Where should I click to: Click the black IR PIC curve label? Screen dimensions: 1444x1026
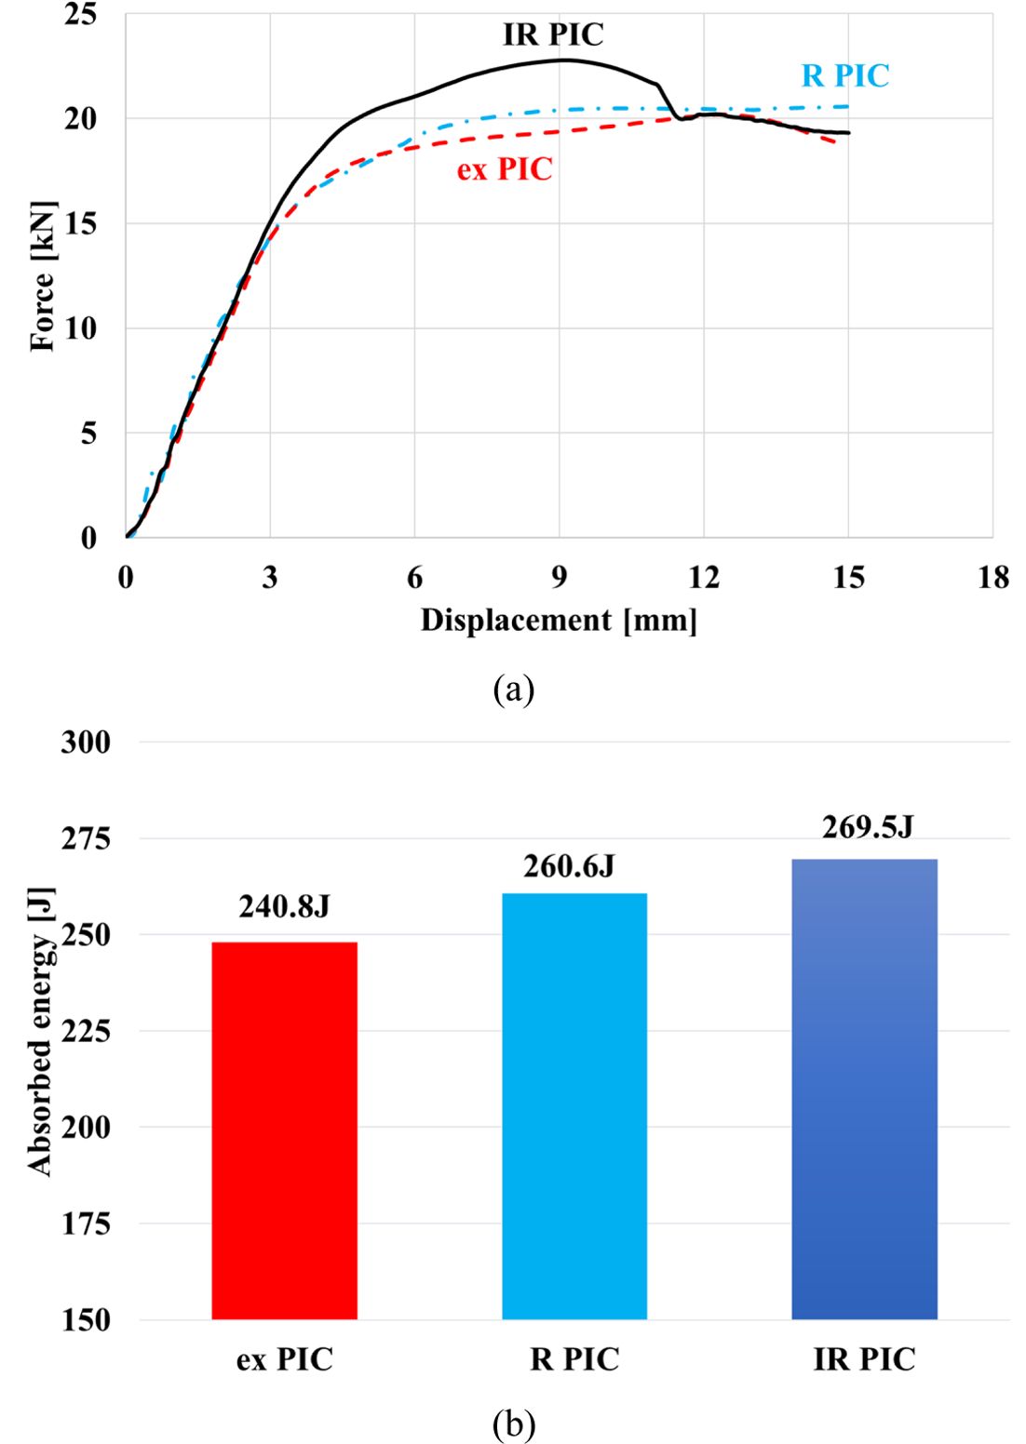click(553, 35)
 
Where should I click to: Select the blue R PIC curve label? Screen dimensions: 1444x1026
click(845, 76)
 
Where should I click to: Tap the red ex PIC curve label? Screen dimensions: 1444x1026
click(505, 169)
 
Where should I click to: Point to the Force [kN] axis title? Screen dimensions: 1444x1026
click(43, 276)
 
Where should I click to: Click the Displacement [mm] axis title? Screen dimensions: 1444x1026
click(559, 620)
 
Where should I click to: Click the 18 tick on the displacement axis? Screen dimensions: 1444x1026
click(993, 579)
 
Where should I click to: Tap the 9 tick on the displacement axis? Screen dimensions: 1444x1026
click(559, 579)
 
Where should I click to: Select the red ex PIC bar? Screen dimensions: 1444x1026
click(284, 1130)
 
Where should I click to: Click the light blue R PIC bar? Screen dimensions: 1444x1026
click(574, 1106)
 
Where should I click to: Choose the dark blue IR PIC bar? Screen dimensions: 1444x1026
click(864, 1089)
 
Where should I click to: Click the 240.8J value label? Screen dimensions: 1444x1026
click(284, 906)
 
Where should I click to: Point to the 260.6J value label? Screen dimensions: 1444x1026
click(569, 866)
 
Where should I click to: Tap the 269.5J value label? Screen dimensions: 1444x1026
click(868, 827)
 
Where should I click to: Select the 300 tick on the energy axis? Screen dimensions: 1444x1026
click(86, 742)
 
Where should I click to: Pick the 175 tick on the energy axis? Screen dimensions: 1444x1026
click(86, 1223)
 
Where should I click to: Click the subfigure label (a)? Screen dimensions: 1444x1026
click(513, 689)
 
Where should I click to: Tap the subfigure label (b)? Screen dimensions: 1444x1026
click(513, 1424)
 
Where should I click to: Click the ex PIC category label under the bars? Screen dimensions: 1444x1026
click(284, 1359)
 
